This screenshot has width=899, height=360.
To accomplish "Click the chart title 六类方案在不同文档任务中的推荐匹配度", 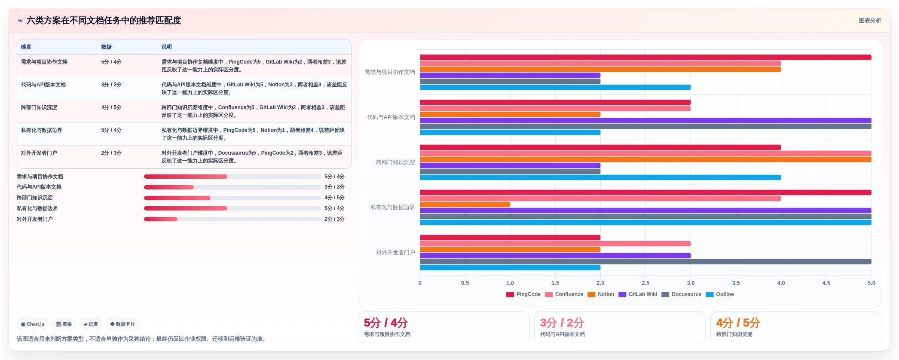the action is tap(104, 21).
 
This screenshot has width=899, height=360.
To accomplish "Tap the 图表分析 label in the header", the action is tap(870, 21).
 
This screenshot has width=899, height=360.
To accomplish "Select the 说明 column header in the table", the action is tap(167, 47).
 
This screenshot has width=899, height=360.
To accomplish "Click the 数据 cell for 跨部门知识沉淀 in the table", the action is tap(111, 107).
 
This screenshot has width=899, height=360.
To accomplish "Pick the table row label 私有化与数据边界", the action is tap(42, 130).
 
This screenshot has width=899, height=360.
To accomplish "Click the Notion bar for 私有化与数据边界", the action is tap(465, 204).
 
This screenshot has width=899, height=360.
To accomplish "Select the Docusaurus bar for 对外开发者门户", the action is tap(645, 262).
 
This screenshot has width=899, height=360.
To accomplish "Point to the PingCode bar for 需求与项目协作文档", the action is tap(645, 57).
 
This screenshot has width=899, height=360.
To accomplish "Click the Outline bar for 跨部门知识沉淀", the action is tap(600, 177).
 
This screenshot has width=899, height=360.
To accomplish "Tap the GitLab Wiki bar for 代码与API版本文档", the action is tap(645, 120).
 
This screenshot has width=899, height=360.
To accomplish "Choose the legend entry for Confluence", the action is tap(564, 294).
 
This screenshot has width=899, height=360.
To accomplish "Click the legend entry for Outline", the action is tap(720, 294).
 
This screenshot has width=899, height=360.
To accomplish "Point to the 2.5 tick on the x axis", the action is tap(645, 283).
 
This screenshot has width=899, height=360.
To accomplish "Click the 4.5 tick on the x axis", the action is tap(826, 283).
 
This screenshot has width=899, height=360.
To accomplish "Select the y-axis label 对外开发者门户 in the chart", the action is tap(395, 253).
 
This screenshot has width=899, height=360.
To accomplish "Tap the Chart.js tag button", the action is tap(33, 324).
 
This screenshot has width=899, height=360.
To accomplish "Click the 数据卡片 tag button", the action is tap(122, 324).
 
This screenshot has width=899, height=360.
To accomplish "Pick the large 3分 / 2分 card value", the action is tap(562, 323).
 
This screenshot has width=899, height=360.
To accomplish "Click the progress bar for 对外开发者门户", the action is tap(232, 219).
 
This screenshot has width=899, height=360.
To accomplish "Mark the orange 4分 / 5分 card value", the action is tap(738, 323).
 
